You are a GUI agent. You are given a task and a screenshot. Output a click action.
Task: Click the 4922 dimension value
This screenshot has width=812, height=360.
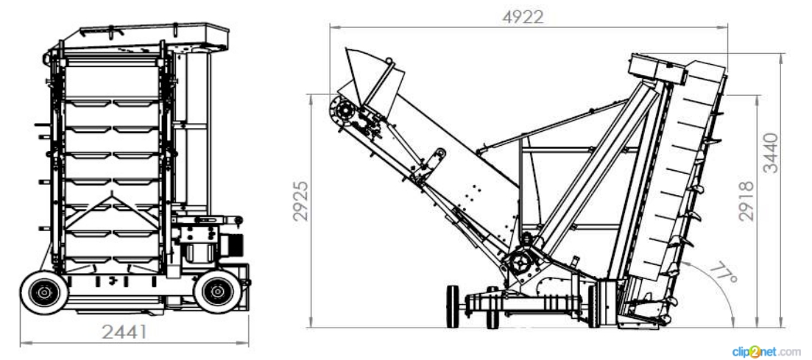coord(523,17)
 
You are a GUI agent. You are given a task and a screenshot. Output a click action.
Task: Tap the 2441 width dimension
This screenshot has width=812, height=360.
coord(124,331)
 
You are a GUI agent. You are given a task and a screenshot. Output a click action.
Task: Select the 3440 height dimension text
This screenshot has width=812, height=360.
coord(771,153)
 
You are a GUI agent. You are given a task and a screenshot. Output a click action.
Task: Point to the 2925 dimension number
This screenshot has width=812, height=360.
coord(300,201)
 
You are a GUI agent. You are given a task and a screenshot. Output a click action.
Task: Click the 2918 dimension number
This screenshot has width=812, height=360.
coord(746,201)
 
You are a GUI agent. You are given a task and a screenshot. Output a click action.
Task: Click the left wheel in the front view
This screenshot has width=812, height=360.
coord(44,292)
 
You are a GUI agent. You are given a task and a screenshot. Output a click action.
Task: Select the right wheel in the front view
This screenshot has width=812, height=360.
coord(217,292)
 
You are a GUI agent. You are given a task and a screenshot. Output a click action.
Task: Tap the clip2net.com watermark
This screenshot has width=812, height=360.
coord(766,351)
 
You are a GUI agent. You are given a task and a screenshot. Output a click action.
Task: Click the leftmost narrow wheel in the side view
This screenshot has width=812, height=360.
coord(453,307)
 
